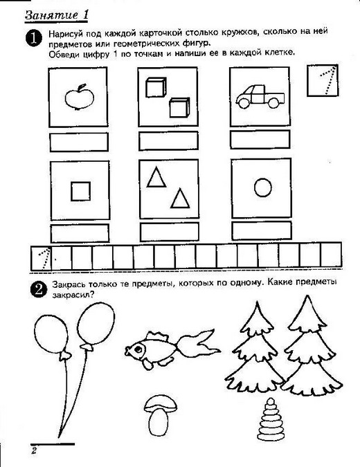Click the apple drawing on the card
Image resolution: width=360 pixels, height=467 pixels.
click(80, 97)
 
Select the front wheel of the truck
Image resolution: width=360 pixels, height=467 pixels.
click(244, 103)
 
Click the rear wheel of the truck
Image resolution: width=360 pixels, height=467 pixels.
click(273, 103)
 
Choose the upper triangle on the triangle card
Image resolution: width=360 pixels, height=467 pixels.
click(156, 178)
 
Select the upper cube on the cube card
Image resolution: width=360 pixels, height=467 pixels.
click(156, 87)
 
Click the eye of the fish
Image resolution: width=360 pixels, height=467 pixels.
click(138, 349)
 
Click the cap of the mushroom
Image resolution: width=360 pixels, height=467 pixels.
click(161, 404)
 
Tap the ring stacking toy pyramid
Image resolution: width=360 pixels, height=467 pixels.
click(271, 419)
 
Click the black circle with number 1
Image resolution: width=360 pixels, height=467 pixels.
click(34, 38)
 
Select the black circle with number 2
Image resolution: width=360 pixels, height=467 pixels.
click(39, 289)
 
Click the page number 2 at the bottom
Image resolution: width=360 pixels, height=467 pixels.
click(34, 450)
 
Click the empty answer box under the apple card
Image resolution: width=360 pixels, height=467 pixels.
click(79, 142)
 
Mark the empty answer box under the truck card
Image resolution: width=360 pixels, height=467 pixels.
click(260, 139)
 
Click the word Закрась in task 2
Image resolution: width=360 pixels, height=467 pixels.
click(69, 285)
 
